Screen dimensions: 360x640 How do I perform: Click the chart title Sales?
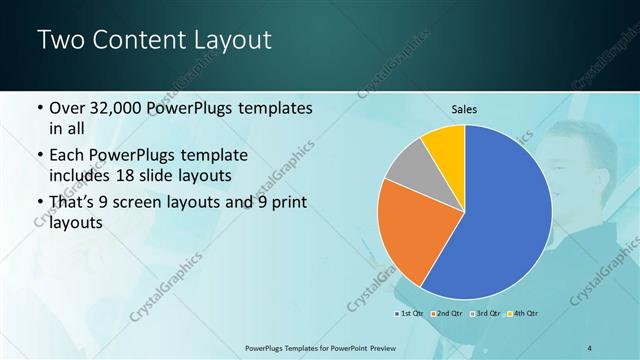tap(465, 109)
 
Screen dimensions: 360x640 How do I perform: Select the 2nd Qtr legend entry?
tap(447, 314)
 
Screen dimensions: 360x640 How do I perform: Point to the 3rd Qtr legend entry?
tap(485, 314)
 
